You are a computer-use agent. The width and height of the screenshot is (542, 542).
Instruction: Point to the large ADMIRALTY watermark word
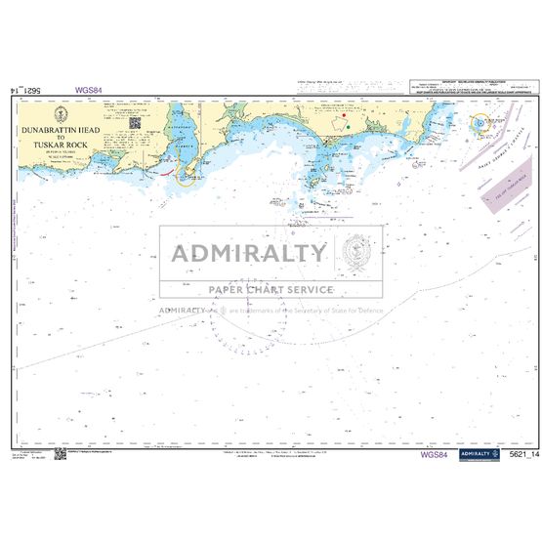tap(250, 254)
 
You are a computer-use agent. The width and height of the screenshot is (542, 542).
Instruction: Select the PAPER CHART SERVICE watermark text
tap(271, 290)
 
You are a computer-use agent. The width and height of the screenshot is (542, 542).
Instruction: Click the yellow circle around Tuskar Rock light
tap(480, 124)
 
